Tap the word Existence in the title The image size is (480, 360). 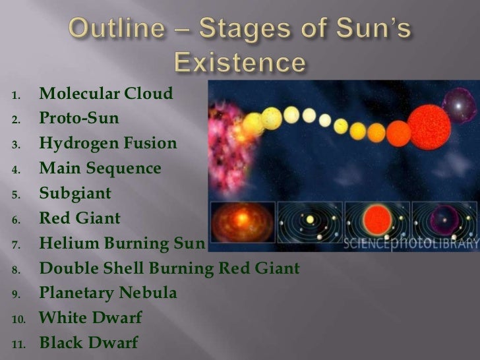point(240,64)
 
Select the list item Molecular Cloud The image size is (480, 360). point(106,96)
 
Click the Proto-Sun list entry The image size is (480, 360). point(79,119)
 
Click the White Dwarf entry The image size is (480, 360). point(90,318)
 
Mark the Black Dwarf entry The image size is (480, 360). point(89,343)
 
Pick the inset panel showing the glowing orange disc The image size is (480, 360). point(241,225)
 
